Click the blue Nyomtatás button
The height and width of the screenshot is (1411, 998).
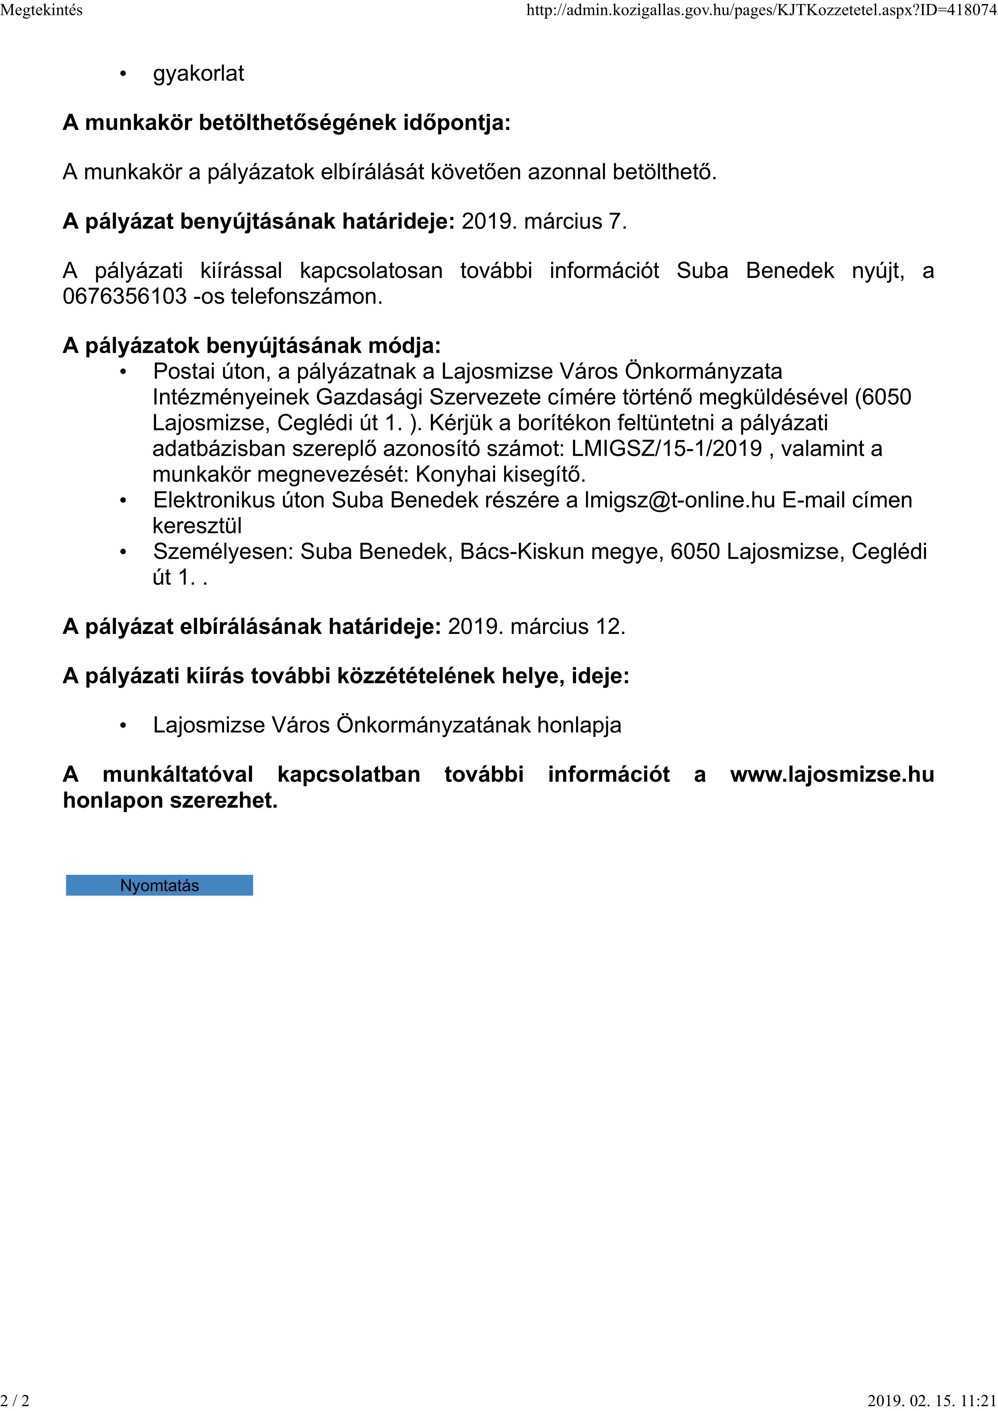[x=159, y=886]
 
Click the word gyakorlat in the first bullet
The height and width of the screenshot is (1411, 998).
[x=198, y=74]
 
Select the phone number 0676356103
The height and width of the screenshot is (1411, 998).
[x=124, y=297]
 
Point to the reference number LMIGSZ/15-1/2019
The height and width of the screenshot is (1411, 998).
[x=666, y=448]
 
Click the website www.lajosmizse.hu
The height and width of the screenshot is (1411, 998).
[x=831, y=774]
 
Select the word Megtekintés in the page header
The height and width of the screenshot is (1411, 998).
[x=41, y=10]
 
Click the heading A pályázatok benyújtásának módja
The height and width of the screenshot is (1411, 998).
[x=251, y=346]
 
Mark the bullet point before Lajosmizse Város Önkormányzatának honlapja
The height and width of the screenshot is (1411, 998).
[x=123, y=726]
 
